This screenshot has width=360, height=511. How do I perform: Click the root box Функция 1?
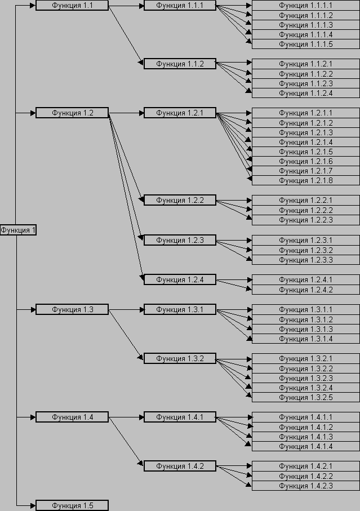[x=18, y=230]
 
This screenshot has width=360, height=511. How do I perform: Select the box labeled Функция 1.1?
[x=72, y=6]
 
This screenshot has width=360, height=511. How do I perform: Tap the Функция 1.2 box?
[x=72, y=113]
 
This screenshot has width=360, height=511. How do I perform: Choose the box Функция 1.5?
[x=72, y=505]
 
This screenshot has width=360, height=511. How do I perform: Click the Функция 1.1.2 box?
[x=180, y=64]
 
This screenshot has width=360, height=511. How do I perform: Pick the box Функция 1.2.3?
[x=180, y=240]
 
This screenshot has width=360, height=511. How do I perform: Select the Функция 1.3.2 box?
[x=180, y=358]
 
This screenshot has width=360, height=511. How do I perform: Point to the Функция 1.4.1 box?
[x=180, y=417]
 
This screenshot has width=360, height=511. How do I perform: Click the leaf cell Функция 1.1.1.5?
[x=305, y=44]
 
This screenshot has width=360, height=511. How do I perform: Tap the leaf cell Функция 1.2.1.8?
[x=305, y=180]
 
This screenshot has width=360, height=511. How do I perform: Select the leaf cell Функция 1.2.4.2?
[x=305, y=290]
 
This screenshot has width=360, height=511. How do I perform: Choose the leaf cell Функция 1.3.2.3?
[x=305, y=378]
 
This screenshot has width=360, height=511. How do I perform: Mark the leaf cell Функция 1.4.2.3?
[x=305, y=486]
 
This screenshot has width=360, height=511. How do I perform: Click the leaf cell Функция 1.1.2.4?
[x=305, y=93]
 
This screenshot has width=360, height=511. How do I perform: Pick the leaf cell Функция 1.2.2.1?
[x=305, y=200]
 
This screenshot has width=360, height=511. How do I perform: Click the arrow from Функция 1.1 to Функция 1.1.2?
[x=126, y=34]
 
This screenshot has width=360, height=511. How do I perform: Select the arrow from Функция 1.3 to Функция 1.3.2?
[x=126, y=335]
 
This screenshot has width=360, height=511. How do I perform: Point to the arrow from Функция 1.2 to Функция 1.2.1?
[x=126, y=113]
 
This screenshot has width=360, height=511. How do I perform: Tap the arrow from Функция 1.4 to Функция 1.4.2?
[x=126, y=442]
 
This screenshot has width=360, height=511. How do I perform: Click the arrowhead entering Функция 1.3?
[x=33, y=310]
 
